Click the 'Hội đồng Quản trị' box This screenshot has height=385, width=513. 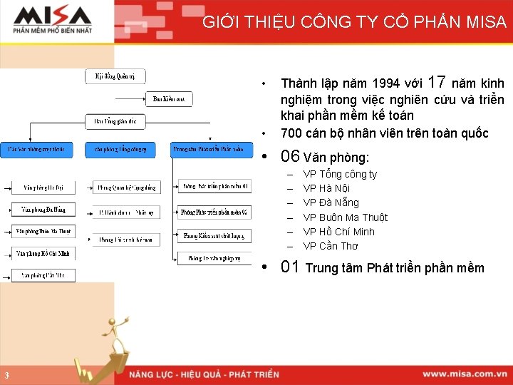click(x=115, y=76)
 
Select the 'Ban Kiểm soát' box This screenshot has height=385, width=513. click(x=169, y=99)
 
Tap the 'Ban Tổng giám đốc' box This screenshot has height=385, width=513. click(x=115, y=122)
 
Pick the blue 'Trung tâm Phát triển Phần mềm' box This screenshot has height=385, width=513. click(x=212, y=150)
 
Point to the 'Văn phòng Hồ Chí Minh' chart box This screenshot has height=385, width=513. click(x=43, y=253)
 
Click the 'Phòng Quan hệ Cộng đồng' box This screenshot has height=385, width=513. click(x=127, y=188)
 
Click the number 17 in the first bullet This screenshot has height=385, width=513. click(x=439, y=82)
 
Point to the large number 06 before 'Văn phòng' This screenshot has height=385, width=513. click(x=290, y=157)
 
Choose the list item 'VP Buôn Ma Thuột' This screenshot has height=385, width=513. click(x=345, y=217)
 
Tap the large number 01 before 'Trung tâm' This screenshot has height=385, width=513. click(x=290, y=267)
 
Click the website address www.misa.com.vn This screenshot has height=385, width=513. click(x=464, y=374)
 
